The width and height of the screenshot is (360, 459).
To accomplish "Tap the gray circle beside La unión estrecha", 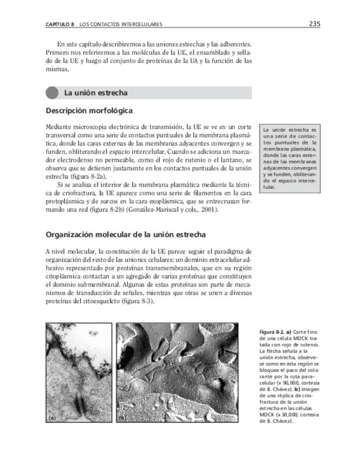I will point(52,93).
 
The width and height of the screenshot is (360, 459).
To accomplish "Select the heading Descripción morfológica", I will point(89,110).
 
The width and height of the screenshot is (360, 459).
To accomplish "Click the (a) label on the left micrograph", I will point(53,418).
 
